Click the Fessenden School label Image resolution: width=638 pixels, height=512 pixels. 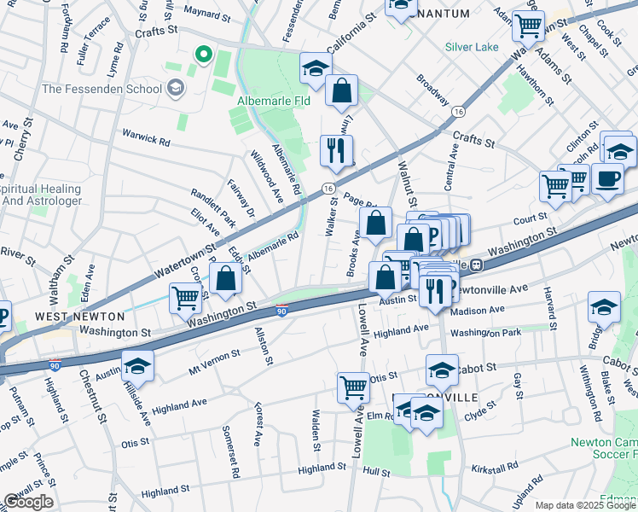point(101,88)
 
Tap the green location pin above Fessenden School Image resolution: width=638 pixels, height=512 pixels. point(203,57)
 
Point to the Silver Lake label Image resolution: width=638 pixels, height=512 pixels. point(469,48)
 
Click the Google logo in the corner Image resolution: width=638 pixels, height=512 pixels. point(28,502)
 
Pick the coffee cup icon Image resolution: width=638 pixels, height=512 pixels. point(607,179)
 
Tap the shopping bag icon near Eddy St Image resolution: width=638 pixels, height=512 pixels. point(226,278)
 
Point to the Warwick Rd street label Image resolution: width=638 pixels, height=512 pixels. point(146,137)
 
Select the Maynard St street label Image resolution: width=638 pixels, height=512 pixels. point(202,12)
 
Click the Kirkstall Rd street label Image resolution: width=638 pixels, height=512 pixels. point(495,468)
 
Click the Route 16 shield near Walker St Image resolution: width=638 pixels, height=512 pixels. point(328,187)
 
